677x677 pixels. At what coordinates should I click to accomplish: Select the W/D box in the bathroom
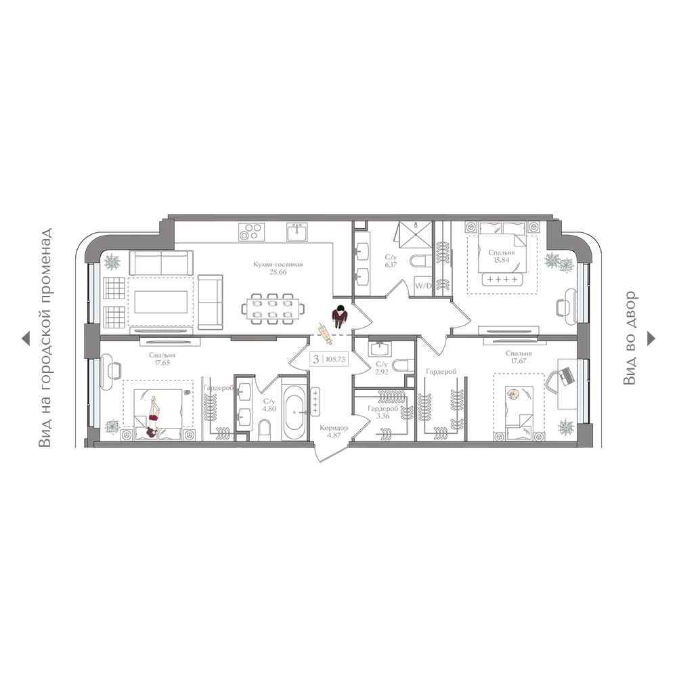pos(422,286)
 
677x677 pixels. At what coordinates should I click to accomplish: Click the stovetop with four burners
pos(251,231)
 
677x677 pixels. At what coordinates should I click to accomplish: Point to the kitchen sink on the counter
pos(297,232)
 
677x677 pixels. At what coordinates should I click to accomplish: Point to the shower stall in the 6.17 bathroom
pos(414,236)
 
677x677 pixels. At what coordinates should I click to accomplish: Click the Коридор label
pos(334,428)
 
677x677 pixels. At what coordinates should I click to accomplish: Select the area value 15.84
pos(502,260)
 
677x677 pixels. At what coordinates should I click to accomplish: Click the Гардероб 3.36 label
pos(383,412)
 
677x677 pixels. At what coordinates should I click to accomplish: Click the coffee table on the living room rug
pos(160,302)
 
